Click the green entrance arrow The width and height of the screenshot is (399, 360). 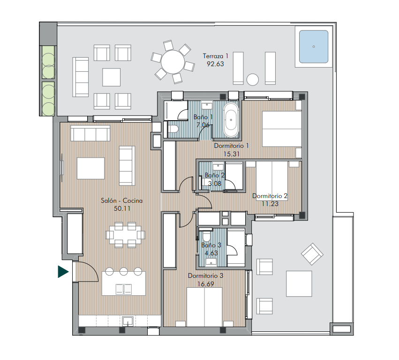(63, 272)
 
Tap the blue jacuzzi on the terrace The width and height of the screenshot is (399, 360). (314, 46)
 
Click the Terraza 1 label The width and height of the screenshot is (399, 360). (216, 56)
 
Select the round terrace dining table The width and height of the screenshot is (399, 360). (173, 62)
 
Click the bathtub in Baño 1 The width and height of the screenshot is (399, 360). (231, 120)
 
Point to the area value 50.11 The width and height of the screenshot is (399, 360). (122, 208)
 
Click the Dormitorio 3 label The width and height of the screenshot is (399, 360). (206, 276)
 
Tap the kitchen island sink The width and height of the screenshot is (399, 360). (124, 289)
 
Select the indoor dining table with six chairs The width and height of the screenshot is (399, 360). (125, 235)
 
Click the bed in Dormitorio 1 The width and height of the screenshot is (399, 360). (282, 129)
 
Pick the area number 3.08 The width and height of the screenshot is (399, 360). (215, 184)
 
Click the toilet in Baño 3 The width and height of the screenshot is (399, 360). (206, 236)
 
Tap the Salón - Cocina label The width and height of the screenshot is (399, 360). (121, 200)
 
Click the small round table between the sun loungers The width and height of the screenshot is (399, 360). (253, 79)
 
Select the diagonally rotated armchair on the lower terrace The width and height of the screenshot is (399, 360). (312, 254)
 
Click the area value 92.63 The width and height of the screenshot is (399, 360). (215, 64)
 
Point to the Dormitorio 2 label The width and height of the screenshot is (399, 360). (270, 196)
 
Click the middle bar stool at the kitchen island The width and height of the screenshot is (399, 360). (124, 271)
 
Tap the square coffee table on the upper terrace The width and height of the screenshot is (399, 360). (112, 77)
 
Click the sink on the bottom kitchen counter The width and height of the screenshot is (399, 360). (128, 321)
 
